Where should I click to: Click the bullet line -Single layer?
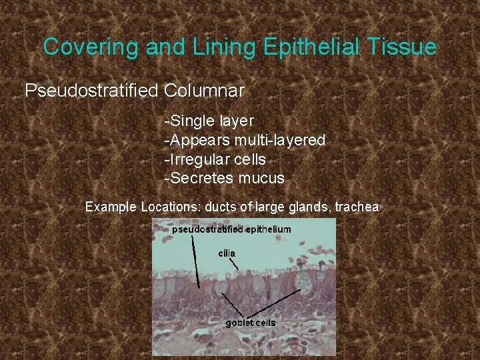(x=209, y=121)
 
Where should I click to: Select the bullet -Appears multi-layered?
(x=245, y=141)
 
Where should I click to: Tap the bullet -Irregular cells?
(x=215, y=160)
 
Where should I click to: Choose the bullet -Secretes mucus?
(x=225, y=179)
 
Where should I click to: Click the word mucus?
(x=263, y=179)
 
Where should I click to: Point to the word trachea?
(x=357, y=207)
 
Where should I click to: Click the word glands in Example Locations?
(x=304, y=207)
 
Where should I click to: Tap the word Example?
(x=111, y=207)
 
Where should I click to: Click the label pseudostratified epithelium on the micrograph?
(x=231, y=229)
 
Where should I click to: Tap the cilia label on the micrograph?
(x=227, y=253)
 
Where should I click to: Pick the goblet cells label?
(x=250, y=323)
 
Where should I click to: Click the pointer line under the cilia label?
(x=235, y=264)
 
